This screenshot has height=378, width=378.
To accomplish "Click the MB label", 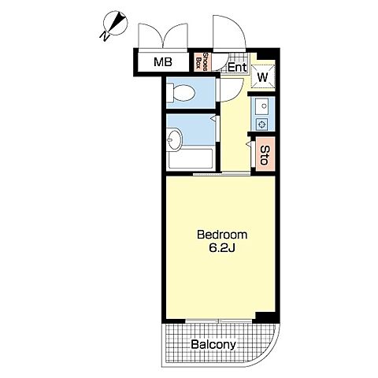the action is click(x=163, y=62).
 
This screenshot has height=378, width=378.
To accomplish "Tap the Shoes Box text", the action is click(x=202, y=61).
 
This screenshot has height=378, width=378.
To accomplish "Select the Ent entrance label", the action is click(x=237, y=68).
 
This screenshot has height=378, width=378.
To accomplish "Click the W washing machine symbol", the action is click(x=263, y=77).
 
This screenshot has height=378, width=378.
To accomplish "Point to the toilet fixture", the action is click(x=181, y=93).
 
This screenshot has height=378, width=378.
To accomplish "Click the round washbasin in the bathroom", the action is click(x=174, y=139).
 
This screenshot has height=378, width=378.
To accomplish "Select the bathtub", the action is click(x=190, y=159).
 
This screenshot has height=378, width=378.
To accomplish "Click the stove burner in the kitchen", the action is click(x=262, y=124).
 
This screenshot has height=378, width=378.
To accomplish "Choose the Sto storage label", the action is click(x=265, y=154).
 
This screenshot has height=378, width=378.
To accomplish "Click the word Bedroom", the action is click(x=222, y=235).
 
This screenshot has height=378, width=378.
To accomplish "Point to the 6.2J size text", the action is click(x=222, y=248).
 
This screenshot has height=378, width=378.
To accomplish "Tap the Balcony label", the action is click(x=213, y=344).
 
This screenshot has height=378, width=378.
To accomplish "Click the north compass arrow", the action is click(x=116, y=23).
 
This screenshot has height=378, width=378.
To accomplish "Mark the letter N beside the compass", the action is click(x=105, y=36).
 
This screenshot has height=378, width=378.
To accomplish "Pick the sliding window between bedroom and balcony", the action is click(x=219, y=321).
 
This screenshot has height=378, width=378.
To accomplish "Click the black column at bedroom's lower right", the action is click(x=265, y=317).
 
